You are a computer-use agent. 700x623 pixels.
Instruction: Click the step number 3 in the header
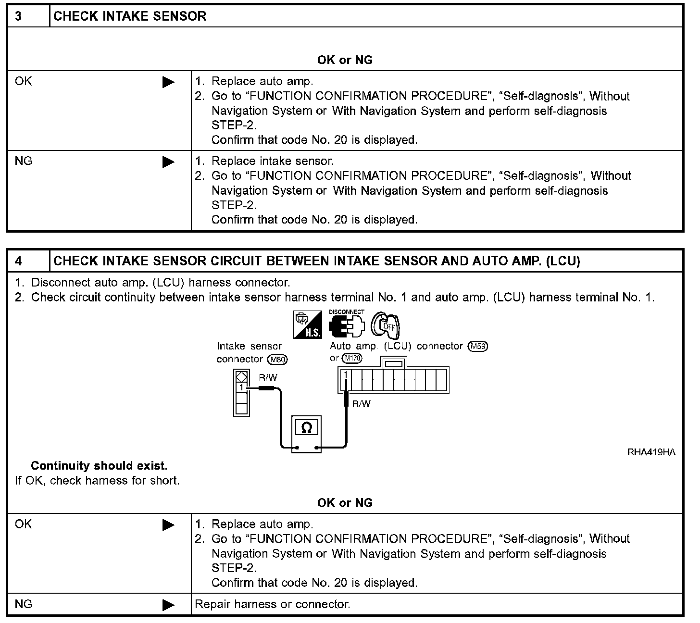pos(18,16)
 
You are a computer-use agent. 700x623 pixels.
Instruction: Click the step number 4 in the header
pos(18,261)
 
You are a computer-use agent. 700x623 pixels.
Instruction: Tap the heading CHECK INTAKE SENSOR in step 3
pos(130,16)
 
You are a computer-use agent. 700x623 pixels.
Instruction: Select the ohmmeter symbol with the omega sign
pos(306,427)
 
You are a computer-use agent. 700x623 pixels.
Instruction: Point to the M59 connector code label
pos(478,346)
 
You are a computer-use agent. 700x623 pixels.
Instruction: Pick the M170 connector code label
pos(352,359)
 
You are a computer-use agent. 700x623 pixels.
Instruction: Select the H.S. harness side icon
pos(307,324)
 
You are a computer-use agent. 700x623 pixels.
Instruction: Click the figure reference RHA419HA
pos(651,452)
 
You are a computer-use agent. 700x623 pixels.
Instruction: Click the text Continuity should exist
pos(99,466)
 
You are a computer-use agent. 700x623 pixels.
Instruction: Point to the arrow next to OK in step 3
pos(168,82)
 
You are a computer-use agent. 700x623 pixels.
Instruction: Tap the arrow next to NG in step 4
pos(168,605)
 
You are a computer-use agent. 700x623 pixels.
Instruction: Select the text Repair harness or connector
pos(272,604)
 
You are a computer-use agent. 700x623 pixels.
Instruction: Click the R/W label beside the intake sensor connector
pos(268,378)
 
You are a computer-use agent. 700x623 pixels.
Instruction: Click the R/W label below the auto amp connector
pos(362,404)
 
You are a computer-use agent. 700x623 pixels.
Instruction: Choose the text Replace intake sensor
pos(273,161)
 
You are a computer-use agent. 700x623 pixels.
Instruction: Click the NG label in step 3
pos(24,161)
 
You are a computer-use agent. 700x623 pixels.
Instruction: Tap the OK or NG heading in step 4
pos(345,503)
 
